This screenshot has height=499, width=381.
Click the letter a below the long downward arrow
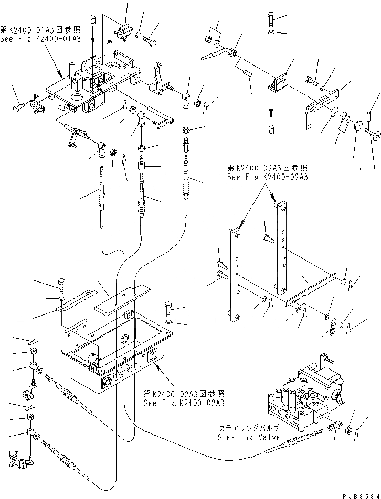271,129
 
